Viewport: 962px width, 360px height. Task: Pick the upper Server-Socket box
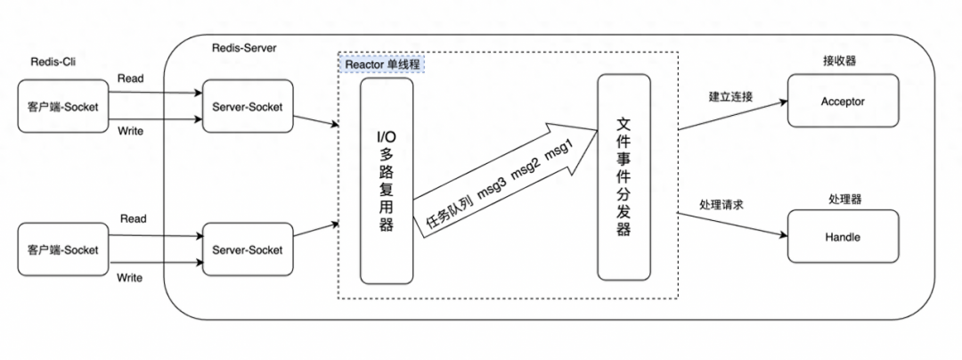[x=247, y=107]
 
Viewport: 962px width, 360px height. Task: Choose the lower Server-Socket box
[x=247, y=250]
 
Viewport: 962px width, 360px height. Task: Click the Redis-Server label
[x=245, y=46]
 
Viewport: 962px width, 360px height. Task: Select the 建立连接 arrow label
[x=731, y=96]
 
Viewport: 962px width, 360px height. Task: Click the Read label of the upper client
[x=131, y=78]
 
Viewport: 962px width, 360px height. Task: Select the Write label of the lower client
[x=131, y=278]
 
